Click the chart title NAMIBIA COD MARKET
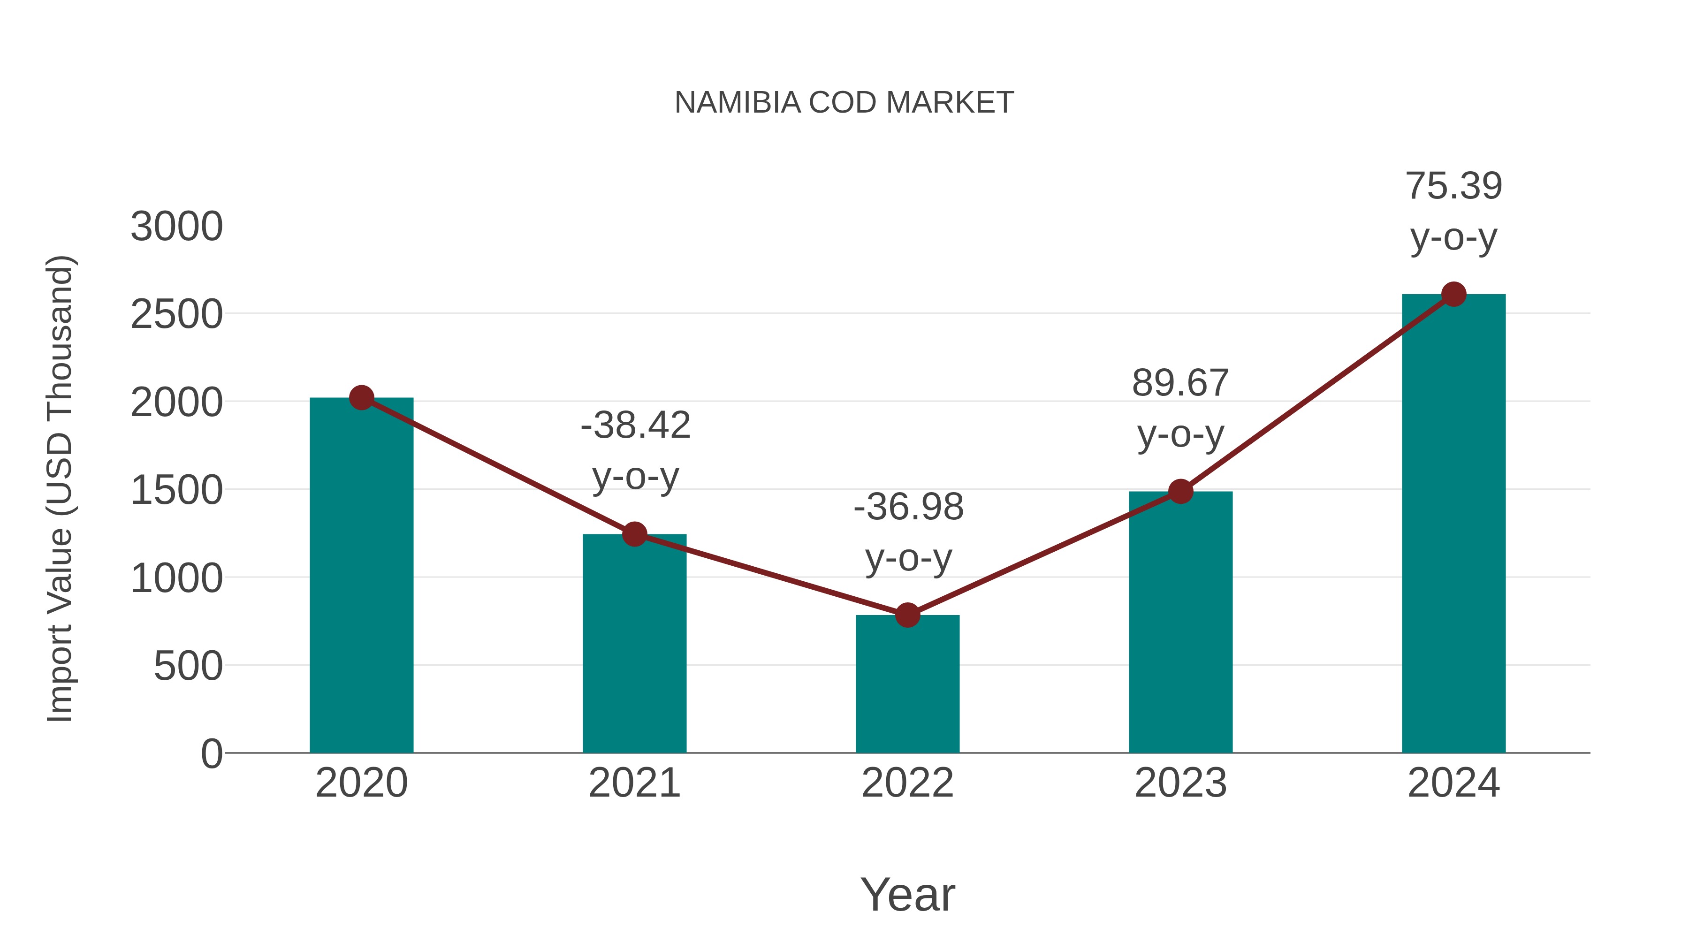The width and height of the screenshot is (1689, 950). pyautogui.click(x=844, y=103)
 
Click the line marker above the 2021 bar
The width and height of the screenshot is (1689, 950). pyautogui.click(x=634, y=534)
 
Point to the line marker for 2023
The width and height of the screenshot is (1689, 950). pyautogui.click(x=1180, y=491)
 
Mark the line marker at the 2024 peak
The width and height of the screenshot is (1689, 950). pyautogui.click(x=1453, y=294)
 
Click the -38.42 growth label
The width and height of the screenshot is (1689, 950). pyautogui.click(x=635, y=426)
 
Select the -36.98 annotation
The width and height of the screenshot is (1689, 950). pyautogui.click(x=908, y=508)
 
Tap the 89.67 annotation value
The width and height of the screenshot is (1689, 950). pyautogui.click(x=1180, y=384)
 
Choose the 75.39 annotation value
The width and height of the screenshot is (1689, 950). pyautogui.click(x=1453, y=186)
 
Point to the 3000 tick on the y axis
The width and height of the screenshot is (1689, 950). pyautogui.click(x=176, y=227)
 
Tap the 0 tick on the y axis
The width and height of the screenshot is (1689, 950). pyautogui.click(x=211, y=754)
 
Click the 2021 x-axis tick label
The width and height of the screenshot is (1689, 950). pyautogui.click(x=634, y=783)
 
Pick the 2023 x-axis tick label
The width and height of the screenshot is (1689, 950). pyautogui.click(x=1180, y=783)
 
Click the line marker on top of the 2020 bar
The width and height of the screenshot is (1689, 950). pyautogui.click(x=361, y=397)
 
